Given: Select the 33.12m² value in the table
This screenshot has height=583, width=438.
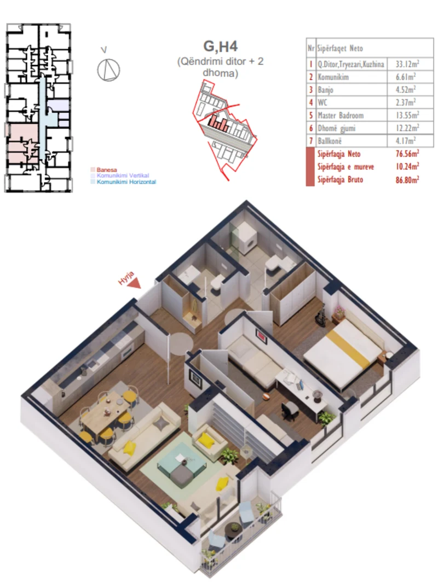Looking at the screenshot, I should (x=406, y=64).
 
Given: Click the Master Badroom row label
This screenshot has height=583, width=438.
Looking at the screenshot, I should (x=340, y=115).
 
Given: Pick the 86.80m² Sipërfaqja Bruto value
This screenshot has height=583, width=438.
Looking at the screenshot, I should (x=407, y=179).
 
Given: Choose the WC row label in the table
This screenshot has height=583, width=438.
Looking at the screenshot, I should (x=321, y=102).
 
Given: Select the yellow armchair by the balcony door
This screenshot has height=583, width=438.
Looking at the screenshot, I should (x=205, y=438).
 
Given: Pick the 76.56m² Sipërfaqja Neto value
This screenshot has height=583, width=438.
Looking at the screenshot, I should (x=407, y=154).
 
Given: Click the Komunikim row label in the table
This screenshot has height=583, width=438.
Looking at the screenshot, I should (x=333, y=77).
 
